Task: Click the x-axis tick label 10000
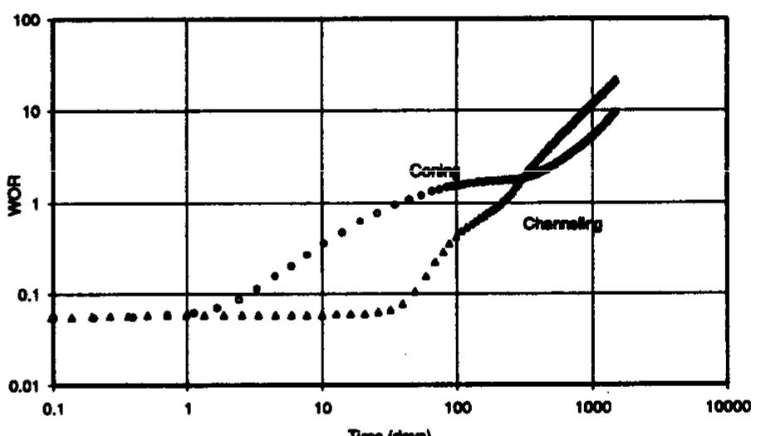[728, 408]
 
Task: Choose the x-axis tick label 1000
[592, 408]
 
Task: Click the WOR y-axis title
[14, 203]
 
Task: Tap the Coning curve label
[433, 171]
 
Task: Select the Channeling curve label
[562, 223]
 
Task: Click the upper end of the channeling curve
[615, 81]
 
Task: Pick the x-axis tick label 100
[457, 408]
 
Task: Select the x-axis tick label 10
[323, 408]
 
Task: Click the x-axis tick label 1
[189, 408]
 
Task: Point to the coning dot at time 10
[323, 243]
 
